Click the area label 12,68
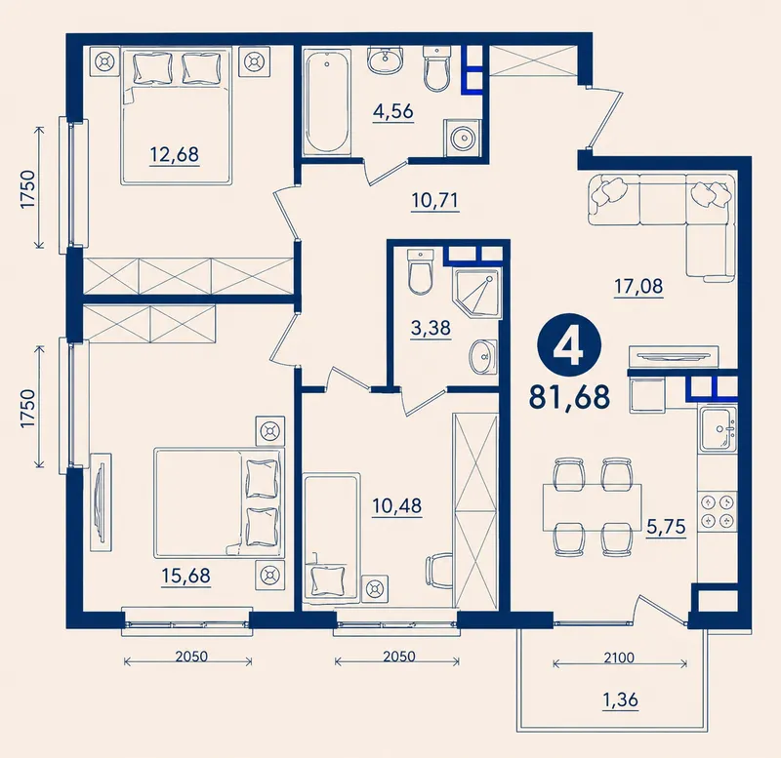pyautogui.click(x=175, y=154)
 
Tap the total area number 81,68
pyautogui.click(x=569, y=397)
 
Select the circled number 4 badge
pyautogui.click(x=569, y=346)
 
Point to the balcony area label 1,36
pyautogui.click(x=621, y=699)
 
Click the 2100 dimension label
pyautogui.click(x=619, y=658)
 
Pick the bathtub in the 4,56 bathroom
pyautogui.click(x=326, y=102)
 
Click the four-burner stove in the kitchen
pyautogui.click(x=718, y=511)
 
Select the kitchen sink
pyautogui.click(x=718, y=428)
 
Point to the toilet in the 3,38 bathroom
pyautogui.click(x=421, y=272)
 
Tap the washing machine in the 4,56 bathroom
pyautogui.click(x=463, y=137)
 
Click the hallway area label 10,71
pyautogui.click(x=434, y=201)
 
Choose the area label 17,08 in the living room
pyautogui.click(x=638, y=287)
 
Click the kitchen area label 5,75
pyautogui.click(x=666, y=526)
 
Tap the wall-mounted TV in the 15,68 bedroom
pyautogui.click(x=102, y=502)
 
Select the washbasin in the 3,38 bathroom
pyautogui.click(x=482, y=356)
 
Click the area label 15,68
pyautogui.click(x=185, y=576)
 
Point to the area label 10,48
pyautogui.click(x=397, y=506)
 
